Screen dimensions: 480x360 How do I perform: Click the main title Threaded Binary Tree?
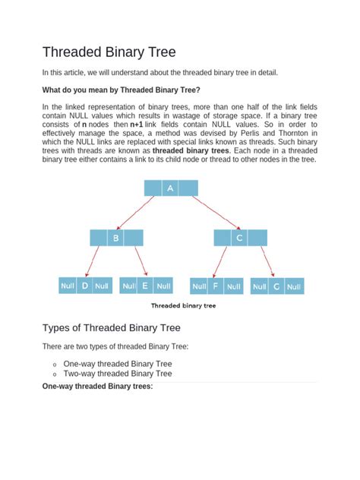109,52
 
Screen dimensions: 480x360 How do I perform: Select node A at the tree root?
171,188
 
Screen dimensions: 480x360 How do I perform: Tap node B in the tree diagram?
116,238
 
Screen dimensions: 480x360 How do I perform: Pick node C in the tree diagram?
240,238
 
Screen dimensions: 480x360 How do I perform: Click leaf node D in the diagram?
85,286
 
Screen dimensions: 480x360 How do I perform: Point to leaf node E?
145,286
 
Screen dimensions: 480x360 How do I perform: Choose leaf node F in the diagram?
216,286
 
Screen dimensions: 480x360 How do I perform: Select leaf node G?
276,286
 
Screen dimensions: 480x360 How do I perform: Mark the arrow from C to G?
264,262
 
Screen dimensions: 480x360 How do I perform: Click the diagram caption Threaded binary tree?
183,307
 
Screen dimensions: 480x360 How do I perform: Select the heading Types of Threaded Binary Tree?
122,328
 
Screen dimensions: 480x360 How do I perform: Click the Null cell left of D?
68,286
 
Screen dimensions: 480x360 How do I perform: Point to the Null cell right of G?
294,286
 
